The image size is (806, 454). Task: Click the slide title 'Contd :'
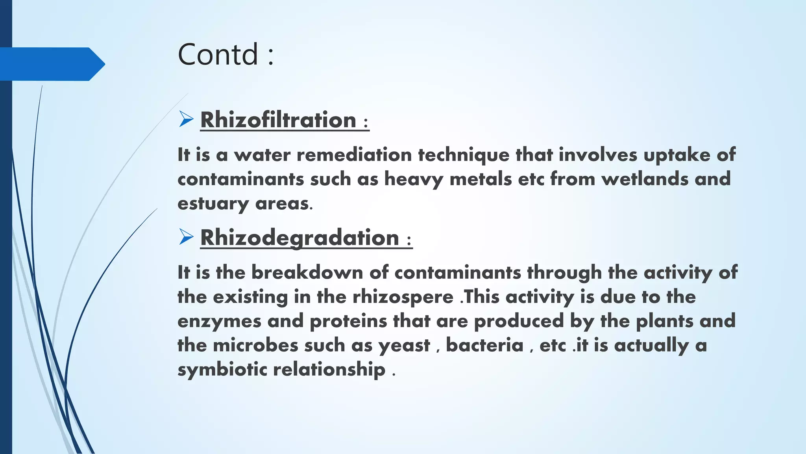pos(226,54)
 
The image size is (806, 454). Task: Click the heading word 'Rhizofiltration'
pos(278,120)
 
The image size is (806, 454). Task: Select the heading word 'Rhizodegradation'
pos(299,238)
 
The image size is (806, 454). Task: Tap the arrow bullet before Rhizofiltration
pos(186,119)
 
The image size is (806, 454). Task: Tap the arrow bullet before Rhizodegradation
pos(186,237)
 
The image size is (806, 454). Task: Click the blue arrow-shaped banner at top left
pos(51,64)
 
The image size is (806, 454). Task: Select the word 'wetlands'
pos(645,179)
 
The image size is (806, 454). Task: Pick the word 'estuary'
pos(213,204)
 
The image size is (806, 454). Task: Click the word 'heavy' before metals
pos(414,179)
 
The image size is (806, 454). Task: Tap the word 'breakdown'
pos(307,272)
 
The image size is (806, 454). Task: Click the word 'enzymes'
pos(219,321)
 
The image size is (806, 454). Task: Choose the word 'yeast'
pos(404,346)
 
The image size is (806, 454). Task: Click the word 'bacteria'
pos(484,345)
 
